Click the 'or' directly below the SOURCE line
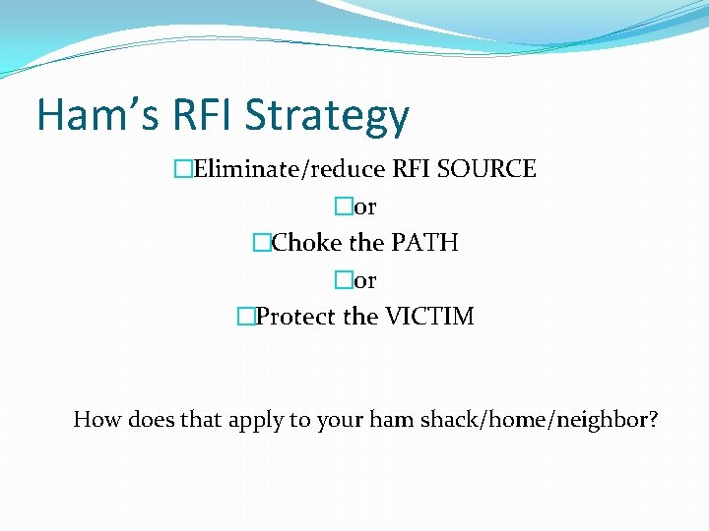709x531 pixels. pyautogui.click(x=364, y=206)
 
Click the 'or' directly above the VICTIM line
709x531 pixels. pyautogui.click(x=364, y=280)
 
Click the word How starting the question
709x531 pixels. pyautogui.click(x=96, y=420)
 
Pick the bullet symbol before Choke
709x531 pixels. pyautogui.click(x=261, y=243)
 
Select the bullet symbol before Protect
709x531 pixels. pyautogui.click(x=245, y=317)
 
